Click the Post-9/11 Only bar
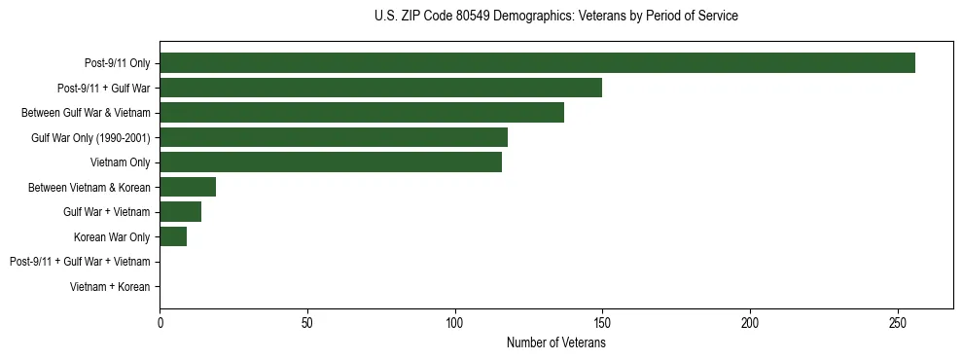(537, 62)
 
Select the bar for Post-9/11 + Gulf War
(380, 88)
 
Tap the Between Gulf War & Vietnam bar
(362, 112)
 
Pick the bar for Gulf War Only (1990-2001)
(334, 137)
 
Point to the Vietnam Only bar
(331, 162)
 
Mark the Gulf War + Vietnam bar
(180, 211)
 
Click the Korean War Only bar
(173, 236)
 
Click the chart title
(555, 17)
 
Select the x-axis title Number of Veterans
(555, 342)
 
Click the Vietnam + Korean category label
(110, 287)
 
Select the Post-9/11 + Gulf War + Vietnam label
(80, 262)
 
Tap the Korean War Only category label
(112, 237)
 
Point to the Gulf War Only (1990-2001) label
(90, 138)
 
